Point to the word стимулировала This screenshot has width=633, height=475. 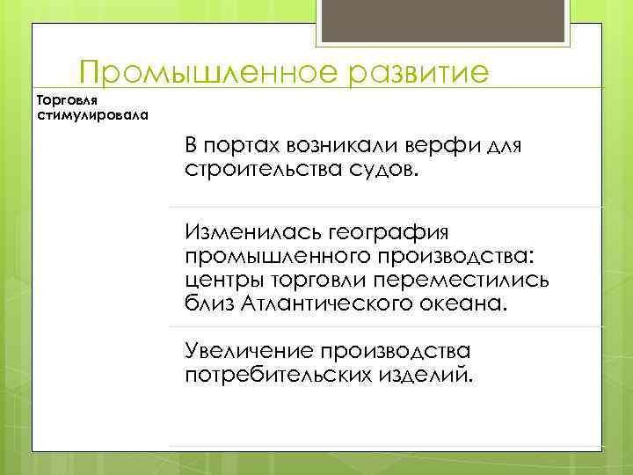[93, 114]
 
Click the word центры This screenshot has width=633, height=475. [221, 280]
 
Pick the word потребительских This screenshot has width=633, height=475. [280, 376]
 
